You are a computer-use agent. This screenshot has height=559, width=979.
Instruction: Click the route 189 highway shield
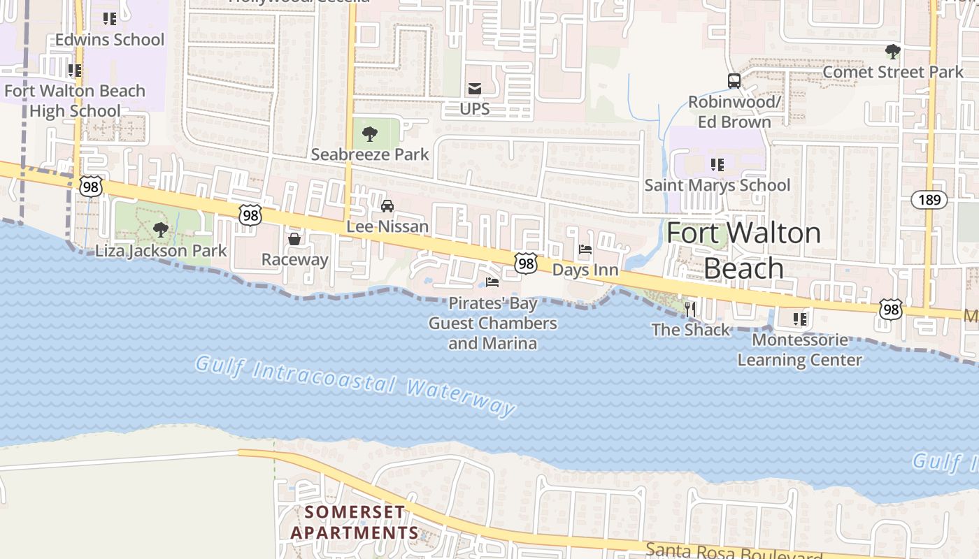pyautogui.click(x=929, y=200)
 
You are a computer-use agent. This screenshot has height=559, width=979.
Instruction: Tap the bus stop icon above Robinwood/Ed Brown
pyautogui.click(x=734, y=80)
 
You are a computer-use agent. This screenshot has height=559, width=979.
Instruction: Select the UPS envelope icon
pyautogui.click(x=475, y=88)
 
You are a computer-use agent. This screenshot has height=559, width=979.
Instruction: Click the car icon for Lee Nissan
pyautogui.click(x=387, y=205)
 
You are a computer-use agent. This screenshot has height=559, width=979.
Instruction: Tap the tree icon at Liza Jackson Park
pyautogui.click(x=161, y=229)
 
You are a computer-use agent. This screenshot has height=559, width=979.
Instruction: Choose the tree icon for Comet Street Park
pyautogui.click(x=892, y=51)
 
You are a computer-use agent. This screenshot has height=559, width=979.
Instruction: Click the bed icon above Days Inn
pyautogui.click(x=585, y=249)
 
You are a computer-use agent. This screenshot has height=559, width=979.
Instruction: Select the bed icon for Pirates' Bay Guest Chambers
pyautogui.click(x=492, y=282)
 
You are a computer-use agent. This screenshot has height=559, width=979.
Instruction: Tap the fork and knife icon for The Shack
pyautogui.click(x=690, y=308)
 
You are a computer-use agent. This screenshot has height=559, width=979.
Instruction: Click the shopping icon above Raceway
pyautogui.click(x=294, y=239)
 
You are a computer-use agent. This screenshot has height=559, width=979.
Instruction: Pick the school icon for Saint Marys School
pyautogui.click(x=717, y=165)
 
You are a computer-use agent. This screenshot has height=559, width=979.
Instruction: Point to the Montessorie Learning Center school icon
pyautogui.click(x=800, y=319)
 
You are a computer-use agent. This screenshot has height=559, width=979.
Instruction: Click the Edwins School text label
pyautogui.click(x=110, y=40)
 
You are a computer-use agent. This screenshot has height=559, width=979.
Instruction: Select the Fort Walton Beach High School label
pyautogui.click(x=75, y=101)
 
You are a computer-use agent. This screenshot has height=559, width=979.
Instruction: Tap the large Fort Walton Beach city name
pyautogui.click(x=743, y=250)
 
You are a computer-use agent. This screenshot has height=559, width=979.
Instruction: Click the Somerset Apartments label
pyautogui.click(x=355, y=522)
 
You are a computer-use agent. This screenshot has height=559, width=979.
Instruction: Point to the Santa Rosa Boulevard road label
pyautogui.click(x=734, y=551)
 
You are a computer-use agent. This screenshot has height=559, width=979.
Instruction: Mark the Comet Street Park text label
pyautogui.click(x=893, y=72)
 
